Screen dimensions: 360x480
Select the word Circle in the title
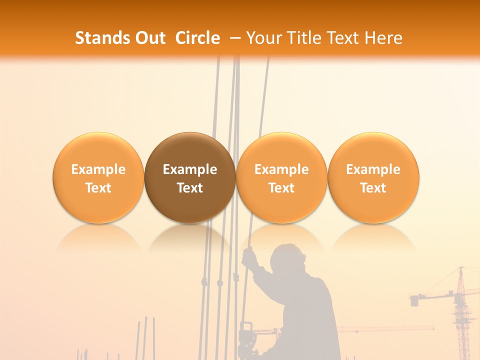(197, 38)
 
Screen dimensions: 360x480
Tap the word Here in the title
(383, 38)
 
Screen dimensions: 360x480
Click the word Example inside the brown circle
(190, 169)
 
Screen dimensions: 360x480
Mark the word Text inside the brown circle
(190, 188)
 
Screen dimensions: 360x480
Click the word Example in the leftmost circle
(98, 169)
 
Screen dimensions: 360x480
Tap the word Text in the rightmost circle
(373, 188)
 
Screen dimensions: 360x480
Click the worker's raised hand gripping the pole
(248, 257)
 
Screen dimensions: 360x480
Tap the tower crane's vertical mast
(460, 315)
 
